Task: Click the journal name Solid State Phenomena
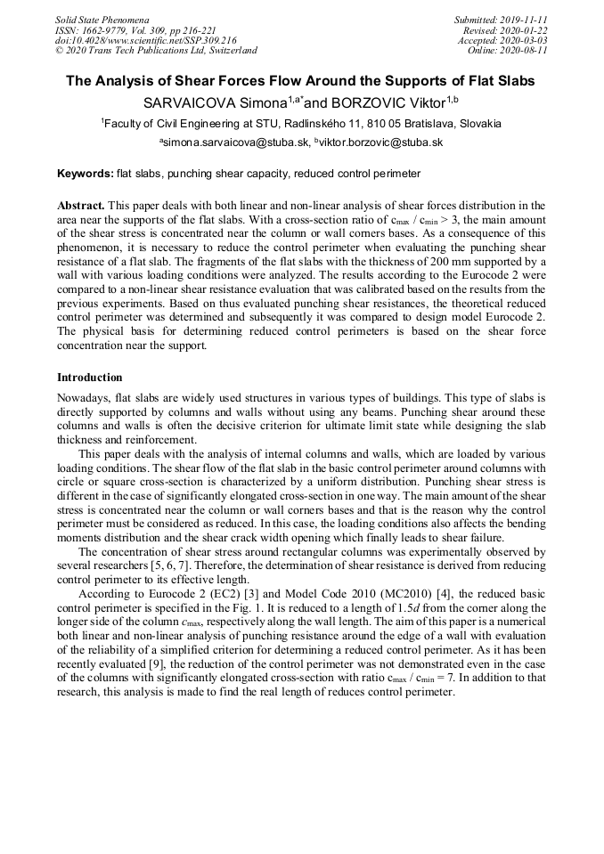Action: point(102,19)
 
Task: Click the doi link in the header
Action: point(145,40)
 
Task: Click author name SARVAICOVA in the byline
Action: point(191,102)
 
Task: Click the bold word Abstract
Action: point(81,206)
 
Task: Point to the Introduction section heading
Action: point(90,378)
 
